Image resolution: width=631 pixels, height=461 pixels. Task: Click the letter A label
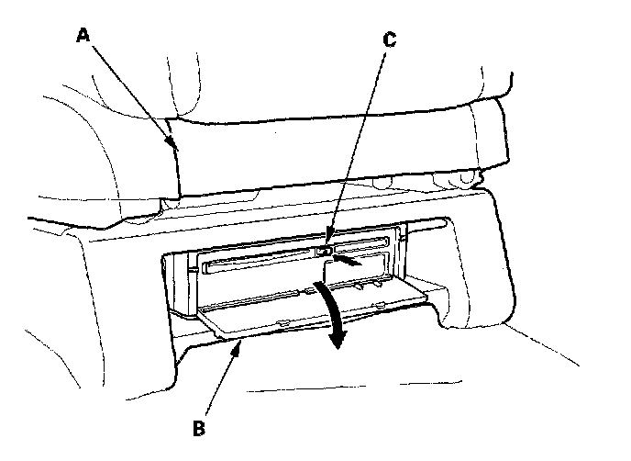(83, 35)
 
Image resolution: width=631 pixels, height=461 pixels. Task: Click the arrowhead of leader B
(241, 342)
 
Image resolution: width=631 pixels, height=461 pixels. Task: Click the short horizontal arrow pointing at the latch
(352, 262)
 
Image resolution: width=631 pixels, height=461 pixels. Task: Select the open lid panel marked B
(303, 312)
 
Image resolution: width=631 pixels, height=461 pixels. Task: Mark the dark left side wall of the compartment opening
(179, 285)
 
